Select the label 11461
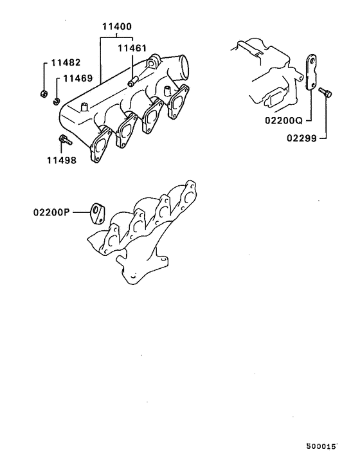(132, 48)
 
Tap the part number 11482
(64, 64)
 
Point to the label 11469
(77, 78)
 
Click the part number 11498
(62, 159)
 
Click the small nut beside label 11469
(57, 100)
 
